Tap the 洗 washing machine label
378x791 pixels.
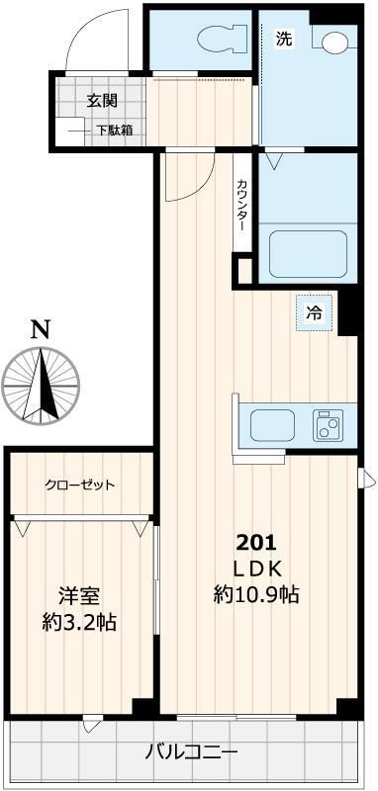[x=284, y=40]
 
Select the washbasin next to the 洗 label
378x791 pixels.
[x=333, y=42]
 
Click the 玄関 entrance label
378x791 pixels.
[x=102, y=101]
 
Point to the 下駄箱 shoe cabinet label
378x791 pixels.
[x=115, y=130]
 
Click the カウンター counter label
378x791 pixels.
[x=241, y=206]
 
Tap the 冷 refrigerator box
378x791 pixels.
[x=314, y=314]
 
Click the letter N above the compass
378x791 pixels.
[x=39, y=330]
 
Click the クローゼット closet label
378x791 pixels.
[x=80, y=485]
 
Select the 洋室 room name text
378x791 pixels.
[x=79, y=596]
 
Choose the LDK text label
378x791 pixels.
[x=258, y=568]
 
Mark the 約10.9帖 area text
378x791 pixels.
[x=257, y=594]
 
